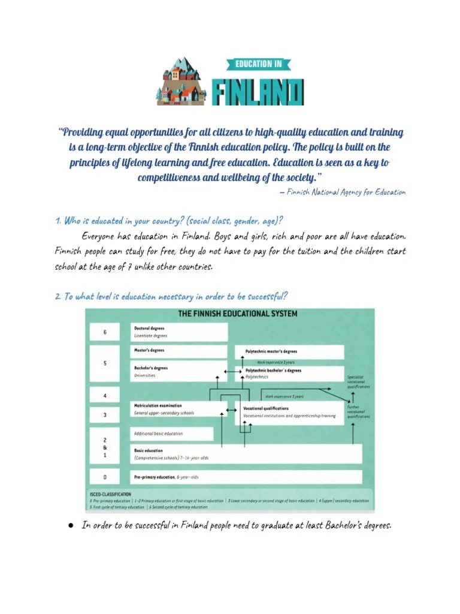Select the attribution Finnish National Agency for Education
pyautogui.click(x=346, y=192)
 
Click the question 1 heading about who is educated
pyautogui.click(x=169, y=220)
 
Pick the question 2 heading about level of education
pyautogui.click(x=171, y=296)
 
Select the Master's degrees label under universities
pyautogui.click(x=149, y=350)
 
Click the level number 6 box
pyautogui.click(x=105, y=332)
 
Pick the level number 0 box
pyautogui.click(x=105, y=477)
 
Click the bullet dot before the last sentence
pyautogui.click(x=70, y=526)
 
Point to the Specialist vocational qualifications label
pyautogui.click(x=358, y=382)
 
